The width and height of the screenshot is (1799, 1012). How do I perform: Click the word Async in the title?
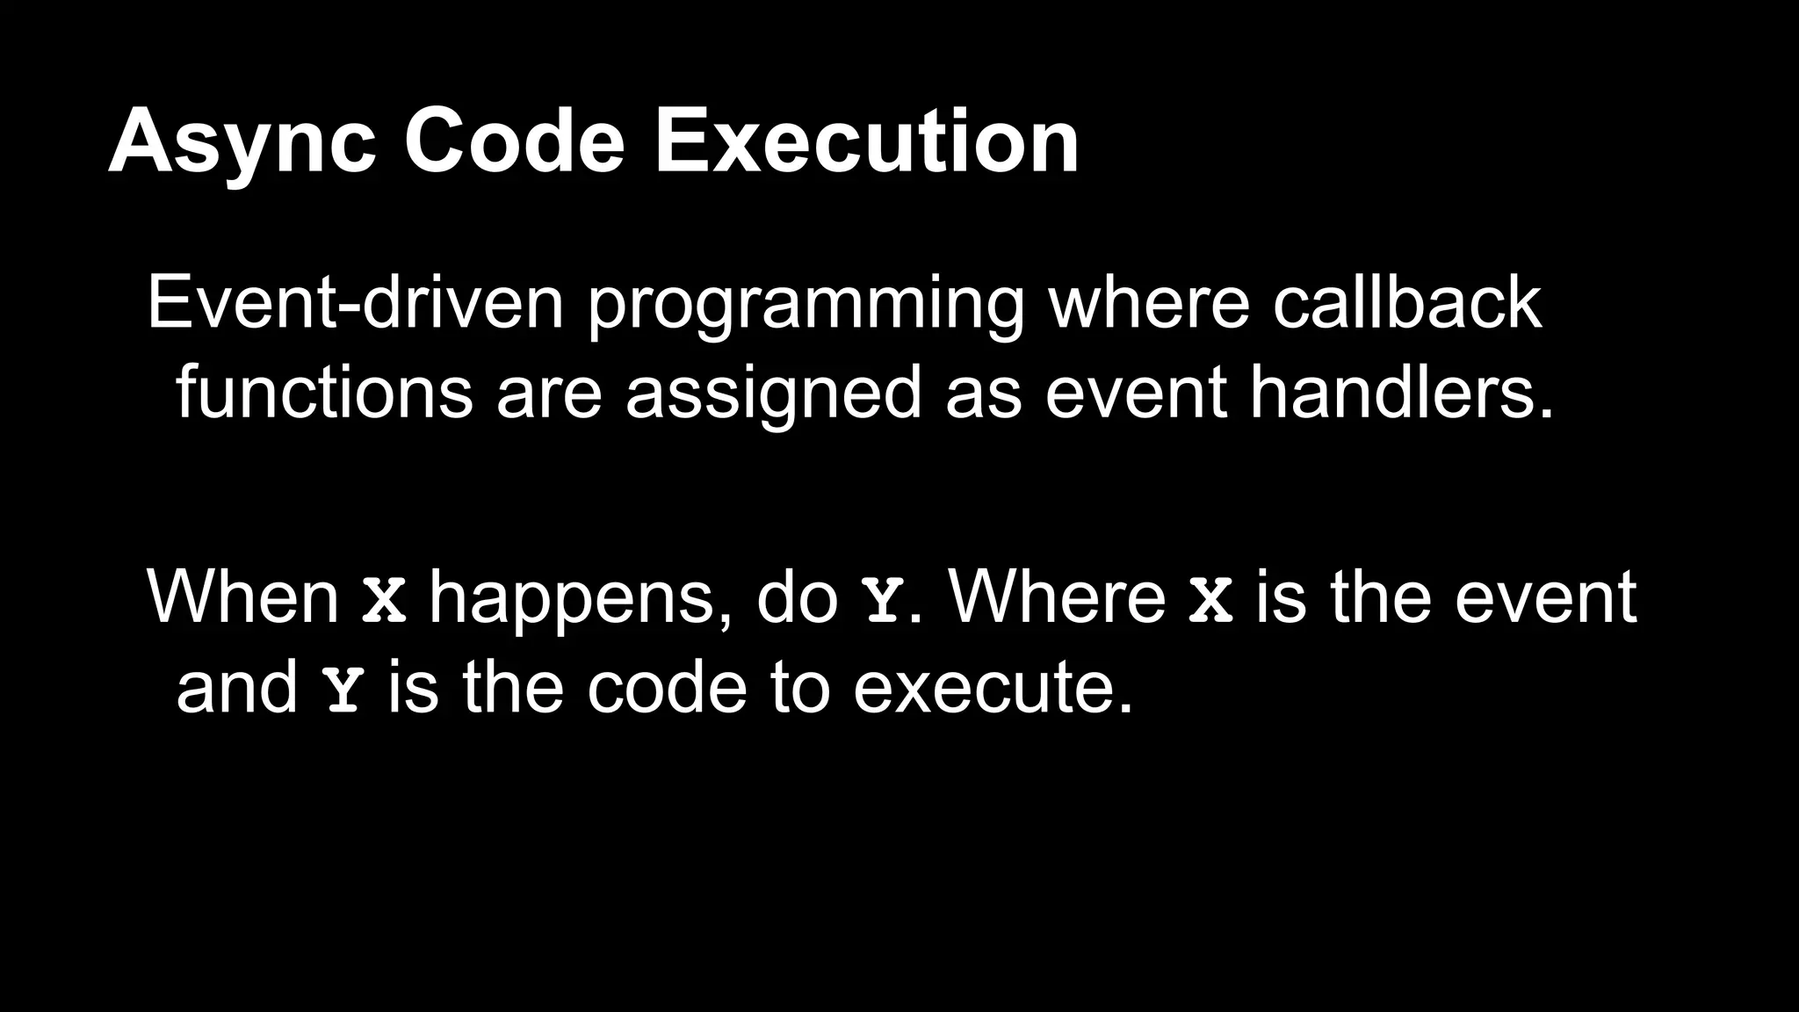242,142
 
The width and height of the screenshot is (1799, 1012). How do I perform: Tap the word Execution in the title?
866,142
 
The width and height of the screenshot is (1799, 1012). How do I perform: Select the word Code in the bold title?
514,142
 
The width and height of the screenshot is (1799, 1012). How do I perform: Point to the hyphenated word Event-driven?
355,302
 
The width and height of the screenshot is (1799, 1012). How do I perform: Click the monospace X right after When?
385,600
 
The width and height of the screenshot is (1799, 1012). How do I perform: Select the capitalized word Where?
1058,597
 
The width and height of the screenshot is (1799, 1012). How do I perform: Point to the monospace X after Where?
1210,600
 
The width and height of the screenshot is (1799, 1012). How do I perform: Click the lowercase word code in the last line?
667,687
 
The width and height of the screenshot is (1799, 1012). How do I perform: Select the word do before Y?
797,597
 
